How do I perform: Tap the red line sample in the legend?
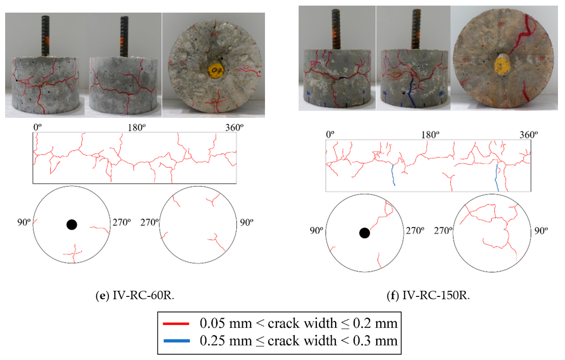176,323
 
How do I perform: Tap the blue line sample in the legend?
176,341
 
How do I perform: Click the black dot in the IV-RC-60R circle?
71,225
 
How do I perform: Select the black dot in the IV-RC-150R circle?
364,233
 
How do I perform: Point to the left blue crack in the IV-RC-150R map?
393,175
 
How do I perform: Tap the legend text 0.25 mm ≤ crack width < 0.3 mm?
299,341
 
